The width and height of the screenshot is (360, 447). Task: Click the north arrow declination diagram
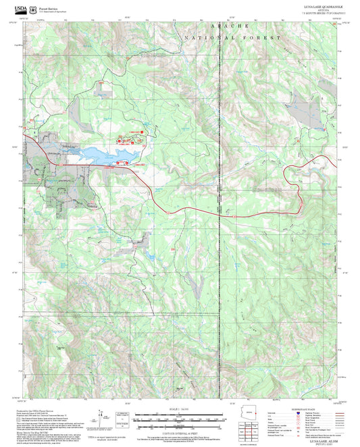click(102, 417)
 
